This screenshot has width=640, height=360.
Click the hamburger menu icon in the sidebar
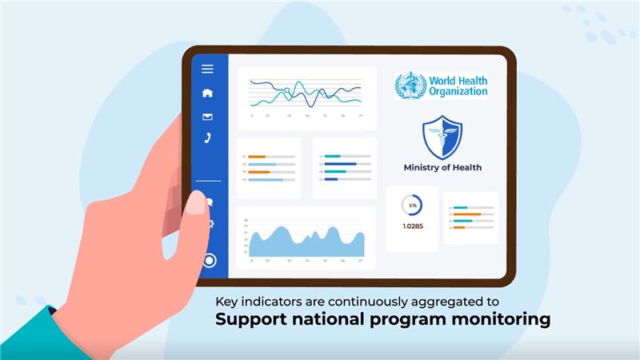(207, 69)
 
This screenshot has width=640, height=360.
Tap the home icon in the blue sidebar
(207, 93)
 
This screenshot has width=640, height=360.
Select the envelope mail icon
(207, 117)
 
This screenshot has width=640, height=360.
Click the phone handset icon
(207, 138)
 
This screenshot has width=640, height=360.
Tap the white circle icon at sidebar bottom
(210, 260)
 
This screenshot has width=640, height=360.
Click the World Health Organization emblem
(410, 86)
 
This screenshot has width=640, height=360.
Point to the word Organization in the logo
(458, 91)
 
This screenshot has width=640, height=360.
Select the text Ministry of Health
(442, 168)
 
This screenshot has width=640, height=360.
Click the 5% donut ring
(413, 206)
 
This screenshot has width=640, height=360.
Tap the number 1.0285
(413, 226)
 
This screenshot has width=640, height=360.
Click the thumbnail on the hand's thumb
(195, 203)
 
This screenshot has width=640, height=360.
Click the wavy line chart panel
(306, 98)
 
